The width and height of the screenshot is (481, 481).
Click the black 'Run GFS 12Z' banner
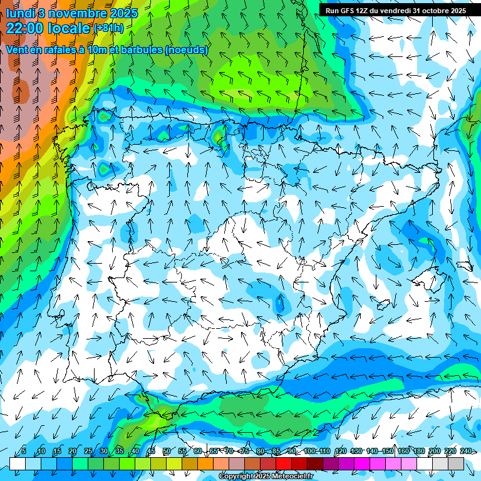pyautogui.click(x=395, y=11)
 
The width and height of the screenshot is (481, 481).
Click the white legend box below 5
pyautogui.click(x=18, y=463)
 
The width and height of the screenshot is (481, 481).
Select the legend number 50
pyautogui.click(x=166, y=451)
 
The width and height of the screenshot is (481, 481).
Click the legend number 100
pyautogui.click(x=309, y=451)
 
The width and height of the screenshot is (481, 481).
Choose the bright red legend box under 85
pyautogui.click(x=284, y=463)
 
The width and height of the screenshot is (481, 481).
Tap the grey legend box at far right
pyautogui.click(x=456, y=463)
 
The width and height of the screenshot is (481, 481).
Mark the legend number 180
pyautogui.click(x=419, y=451)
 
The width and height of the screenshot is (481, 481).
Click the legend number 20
pyautogui.click(x=72, y=451)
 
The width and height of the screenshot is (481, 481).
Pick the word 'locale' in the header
pyautogui.click(x=70, y=28)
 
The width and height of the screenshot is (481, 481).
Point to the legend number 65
pyautogui.click(x=213, y=451)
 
